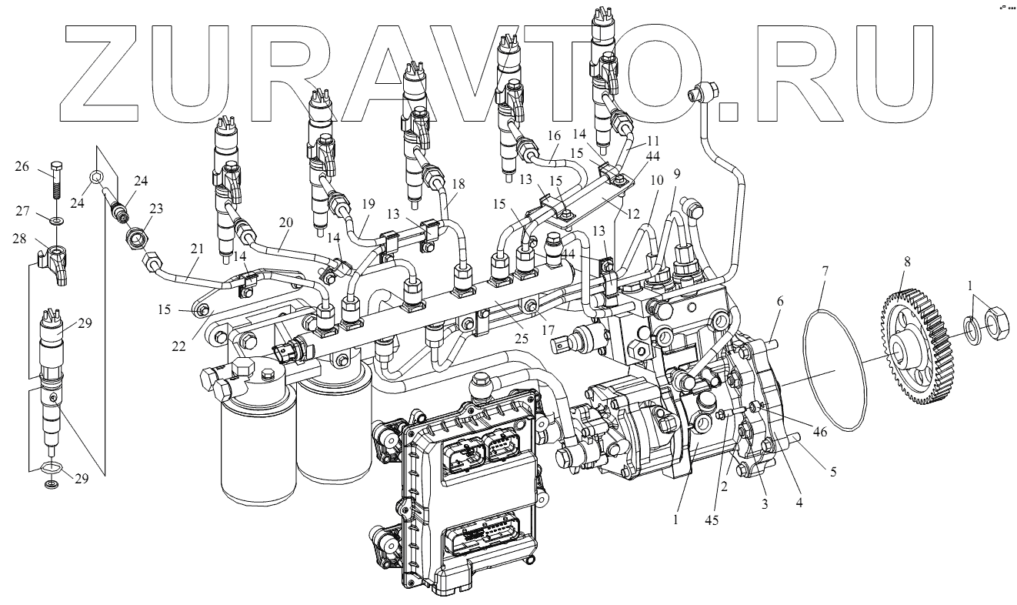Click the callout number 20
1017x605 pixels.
pyautogui.click(x=286, y=223)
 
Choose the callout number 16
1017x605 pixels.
pyautogui.click(x=553, y=135)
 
